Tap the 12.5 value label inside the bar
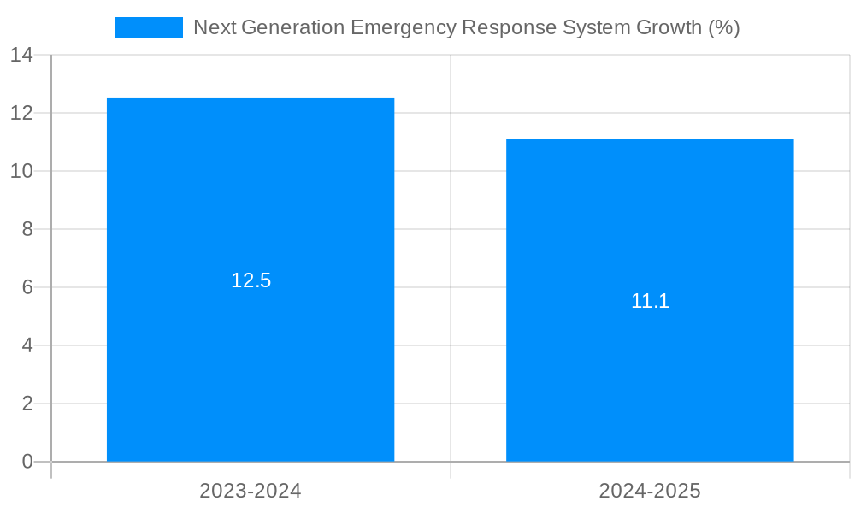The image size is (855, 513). [x=251, y=280]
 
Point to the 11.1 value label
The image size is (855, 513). [x=650, y=301]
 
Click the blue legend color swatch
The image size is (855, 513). [x=149, y=27]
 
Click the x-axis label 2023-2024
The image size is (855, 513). [x=251, y=491]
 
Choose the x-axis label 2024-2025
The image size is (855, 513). [x=650, y=491]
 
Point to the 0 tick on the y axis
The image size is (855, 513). [x=27, y=462]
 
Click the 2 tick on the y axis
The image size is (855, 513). [x=27, y=404]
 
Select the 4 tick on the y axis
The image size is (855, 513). [x=27, y=345]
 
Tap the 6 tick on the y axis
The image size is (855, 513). [x=27, y=287]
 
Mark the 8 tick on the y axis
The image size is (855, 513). [x=27, y=229]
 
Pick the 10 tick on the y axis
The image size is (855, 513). [x=22, y=171]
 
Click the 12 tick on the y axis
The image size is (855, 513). [x=22, y=113]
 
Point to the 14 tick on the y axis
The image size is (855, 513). [x=22, y=55]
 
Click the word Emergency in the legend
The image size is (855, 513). [x=404, y=27]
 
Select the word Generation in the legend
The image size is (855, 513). [x=293, y=27]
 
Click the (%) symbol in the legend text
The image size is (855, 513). [x=724, y=27]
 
